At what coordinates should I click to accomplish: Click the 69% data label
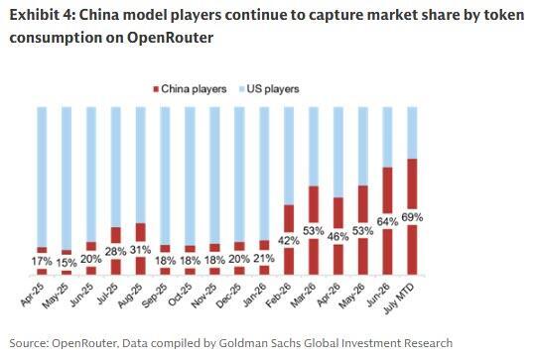click(x=412, y=217)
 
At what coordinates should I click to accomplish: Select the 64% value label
click(x=388, y=222)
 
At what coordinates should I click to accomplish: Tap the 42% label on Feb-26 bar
click(x=289, y=241)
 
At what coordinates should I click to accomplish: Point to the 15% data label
click(x=67, y=263)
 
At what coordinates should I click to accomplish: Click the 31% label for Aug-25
click(x=141, y=250)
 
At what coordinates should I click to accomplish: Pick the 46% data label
click(x=338, y=236)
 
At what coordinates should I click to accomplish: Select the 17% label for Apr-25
click(x=42, y=262)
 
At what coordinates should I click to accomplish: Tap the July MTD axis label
click(x=399, y=300)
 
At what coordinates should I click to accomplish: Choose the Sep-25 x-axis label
click(x=156, y=296)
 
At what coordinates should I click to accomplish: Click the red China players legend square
click(x=156, y=89)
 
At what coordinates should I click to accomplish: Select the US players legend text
click(x=273, y=89)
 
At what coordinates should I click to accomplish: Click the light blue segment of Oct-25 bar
click(x=190, y=176)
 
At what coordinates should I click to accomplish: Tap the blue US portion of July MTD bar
click(x=412, y=133)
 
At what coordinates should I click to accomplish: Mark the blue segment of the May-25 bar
click(x=67, y=179)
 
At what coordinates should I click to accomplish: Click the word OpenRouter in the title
click(x=171, y=38)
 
